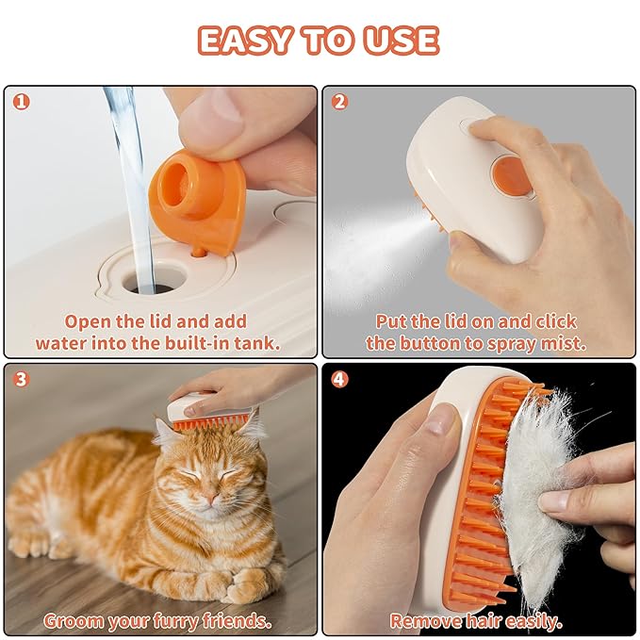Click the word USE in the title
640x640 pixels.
(x=401, y=41)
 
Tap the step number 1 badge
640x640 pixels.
(x=21, y=102)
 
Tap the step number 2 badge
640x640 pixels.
(x=340, y=102)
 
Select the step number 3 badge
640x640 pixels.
(x=21, y=380)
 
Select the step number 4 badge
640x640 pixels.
(x=340, y=380)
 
